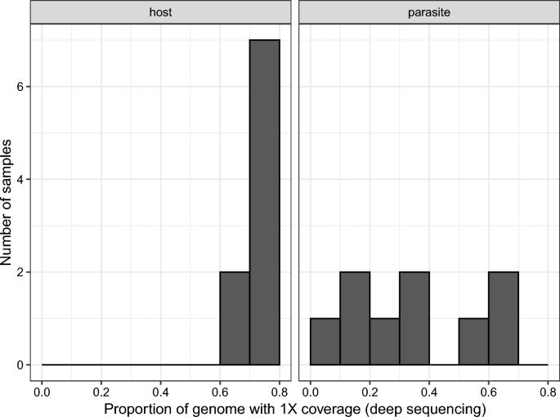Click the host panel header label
click(x=161, y=12)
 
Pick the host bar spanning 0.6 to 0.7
click(x=235, y=318)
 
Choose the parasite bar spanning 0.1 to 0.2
click(x=355, y=318)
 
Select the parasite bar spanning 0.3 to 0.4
click(x=414, y=318)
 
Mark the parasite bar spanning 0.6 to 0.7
click(x=503, y=318)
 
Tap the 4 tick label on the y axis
click(x=20, y=179)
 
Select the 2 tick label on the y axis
click(x=20, y=271)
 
